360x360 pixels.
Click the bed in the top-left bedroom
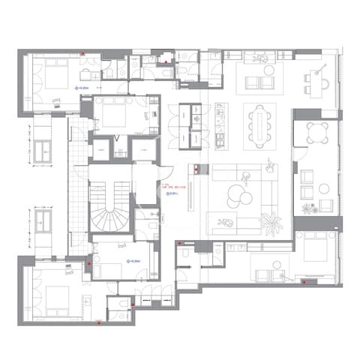55,77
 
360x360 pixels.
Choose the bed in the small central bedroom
113,115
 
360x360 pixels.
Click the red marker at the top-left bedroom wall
82,53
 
